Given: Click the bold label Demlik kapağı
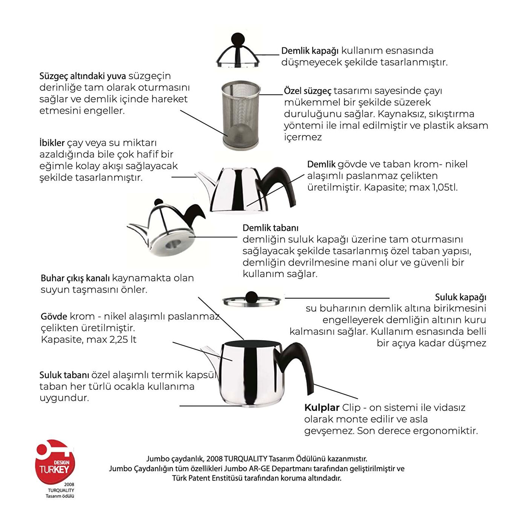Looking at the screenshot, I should point(310,51).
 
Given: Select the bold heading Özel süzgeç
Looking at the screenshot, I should point(308,91).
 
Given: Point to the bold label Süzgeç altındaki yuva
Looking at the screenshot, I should point(83,76).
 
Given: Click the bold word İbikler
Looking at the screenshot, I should point(52,143).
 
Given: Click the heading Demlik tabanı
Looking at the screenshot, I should point(270,228).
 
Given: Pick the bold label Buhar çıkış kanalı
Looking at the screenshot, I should point(75,278).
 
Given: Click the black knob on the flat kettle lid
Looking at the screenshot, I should point(251,296).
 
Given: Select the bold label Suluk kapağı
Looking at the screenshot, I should point(460,297).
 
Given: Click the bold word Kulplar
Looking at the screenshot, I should point(322,408).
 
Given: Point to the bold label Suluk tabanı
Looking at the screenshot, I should point(64,375).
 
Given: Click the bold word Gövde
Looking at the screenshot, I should point(54,316).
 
